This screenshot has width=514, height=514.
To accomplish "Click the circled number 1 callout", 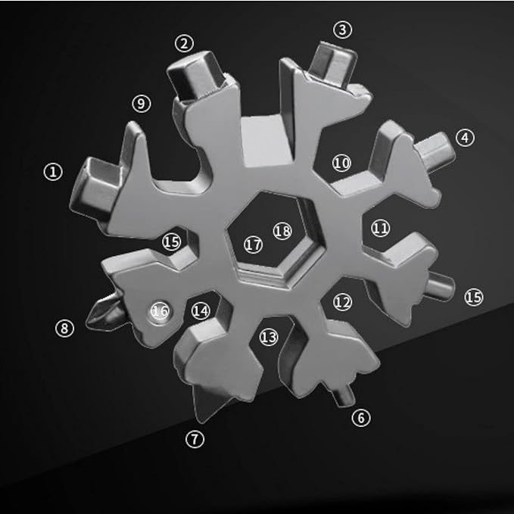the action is click(x=53, y=172).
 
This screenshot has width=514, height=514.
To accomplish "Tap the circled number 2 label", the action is click(x=184, y=43).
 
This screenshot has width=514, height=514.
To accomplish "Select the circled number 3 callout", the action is click(x=343, y=30).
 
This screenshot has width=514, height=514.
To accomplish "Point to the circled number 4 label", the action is click(x=465, y=138).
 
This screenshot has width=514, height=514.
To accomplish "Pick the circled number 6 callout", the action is click(x=361, y=418).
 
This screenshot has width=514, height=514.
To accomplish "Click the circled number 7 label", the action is click(x=195, y=439).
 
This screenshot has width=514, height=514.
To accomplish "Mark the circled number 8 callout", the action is click(x=64, y=328).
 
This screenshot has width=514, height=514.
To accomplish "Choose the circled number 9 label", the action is click(x=142, y=104).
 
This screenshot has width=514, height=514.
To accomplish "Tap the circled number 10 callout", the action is click(x=341, y=163).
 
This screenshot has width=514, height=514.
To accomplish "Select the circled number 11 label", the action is click(x=381, y=228).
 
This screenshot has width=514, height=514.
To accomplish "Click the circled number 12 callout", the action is click(x=343, y=302).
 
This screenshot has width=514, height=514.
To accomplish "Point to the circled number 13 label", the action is click(x=269, y=337).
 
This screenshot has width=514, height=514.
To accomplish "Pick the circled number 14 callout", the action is click(x=201, y=310).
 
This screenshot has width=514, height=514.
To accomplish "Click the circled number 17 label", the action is click(x=254, y=245).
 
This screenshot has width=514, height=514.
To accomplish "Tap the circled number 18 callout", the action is click(x=282, y=231).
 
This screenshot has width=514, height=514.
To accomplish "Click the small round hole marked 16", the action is click(x=160, y=311).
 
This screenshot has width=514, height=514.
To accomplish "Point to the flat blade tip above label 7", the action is click(x=210, y=401).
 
